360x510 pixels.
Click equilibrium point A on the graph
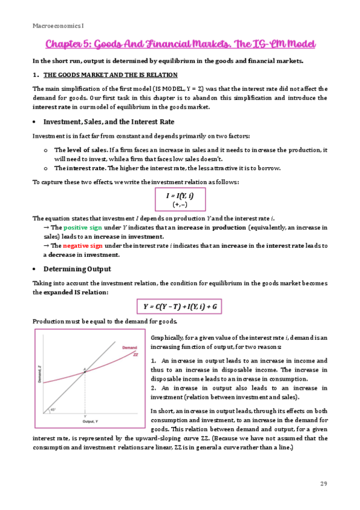pos(85,371)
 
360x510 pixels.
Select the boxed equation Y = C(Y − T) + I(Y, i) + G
pos(180,307)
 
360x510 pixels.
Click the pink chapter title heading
pos(180,45)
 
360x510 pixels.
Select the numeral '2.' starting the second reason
pos(154,389)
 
